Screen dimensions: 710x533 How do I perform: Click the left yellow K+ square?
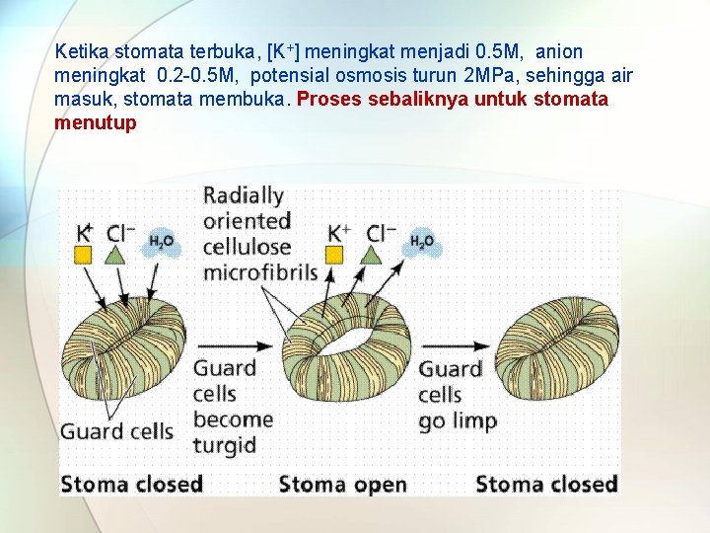point(84,255)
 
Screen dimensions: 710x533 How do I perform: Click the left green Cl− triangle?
point(115,254)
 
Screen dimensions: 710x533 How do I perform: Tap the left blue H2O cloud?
point(161,241)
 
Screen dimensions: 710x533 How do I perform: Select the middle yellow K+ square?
point(334,255)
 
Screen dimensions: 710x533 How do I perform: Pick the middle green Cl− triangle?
point(370,254)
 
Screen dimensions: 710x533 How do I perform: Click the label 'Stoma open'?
point(342,484)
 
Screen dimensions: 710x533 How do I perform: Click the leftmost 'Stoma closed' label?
point(131,484)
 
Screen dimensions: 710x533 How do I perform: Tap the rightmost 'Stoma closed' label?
point(546,484)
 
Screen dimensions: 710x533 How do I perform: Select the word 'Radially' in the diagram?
point(244,195)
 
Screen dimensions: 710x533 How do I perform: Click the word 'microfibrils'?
point(260,271)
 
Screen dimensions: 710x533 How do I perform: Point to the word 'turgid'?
point(224,445)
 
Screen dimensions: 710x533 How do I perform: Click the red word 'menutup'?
point(96,123)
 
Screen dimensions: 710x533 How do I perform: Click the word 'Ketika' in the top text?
point(82,51)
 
